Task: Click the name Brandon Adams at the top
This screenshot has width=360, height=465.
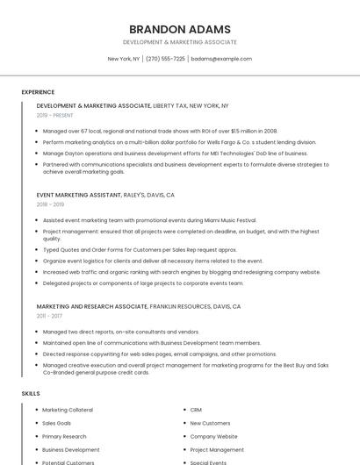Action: click(x=179, y=29)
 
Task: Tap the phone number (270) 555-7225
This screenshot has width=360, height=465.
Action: click(x=165, y=59)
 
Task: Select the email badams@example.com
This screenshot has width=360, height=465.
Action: click(x=221, y=59)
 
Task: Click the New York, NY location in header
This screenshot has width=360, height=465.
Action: click(x=124, y=59)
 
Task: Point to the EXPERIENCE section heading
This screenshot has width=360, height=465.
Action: click(x=38, y=92)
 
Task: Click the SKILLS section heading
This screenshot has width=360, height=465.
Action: click(x=31, y=394)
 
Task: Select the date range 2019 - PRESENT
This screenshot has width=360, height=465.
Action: click(x=54, y=115)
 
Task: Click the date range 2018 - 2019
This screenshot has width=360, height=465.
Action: click(x=49, y=204)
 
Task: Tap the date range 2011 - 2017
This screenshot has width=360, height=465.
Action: click(x=49, y=316)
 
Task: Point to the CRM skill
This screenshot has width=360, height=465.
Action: click(x=196, y=410)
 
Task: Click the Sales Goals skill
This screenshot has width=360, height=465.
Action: click(x=57, y=423)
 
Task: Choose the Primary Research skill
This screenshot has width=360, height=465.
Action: click(x=64, y=436)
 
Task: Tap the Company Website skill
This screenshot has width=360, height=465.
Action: click(x=213, y=436)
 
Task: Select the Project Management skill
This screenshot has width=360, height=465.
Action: click(x=217, y=449)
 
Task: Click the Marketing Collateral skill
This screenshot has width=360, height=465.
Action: click(x=68, y=410)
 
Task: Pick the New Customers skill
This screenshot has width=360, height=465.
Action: click(x=210, y=423)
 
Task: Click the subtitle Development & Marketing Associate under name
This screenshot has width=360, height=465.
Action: click(x=179, y=42)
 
